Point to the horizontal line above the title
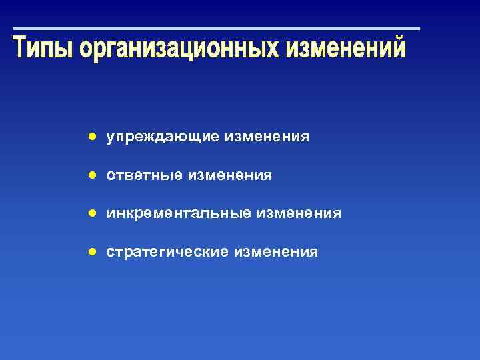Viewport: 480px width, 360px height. [217, 29]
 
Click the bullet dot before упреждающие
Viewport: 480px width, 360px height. [94, 137]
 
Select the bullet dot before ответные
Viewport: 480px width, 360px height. [94, 175]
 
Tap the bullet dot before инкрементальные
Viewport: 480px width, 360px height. [94, 213]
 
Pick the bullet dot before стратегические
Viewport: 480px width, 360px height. [94, 252]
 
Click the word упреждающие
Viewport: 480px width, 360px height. [163, 137]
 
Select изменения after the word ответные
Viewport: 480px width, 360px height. [230, 175]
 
